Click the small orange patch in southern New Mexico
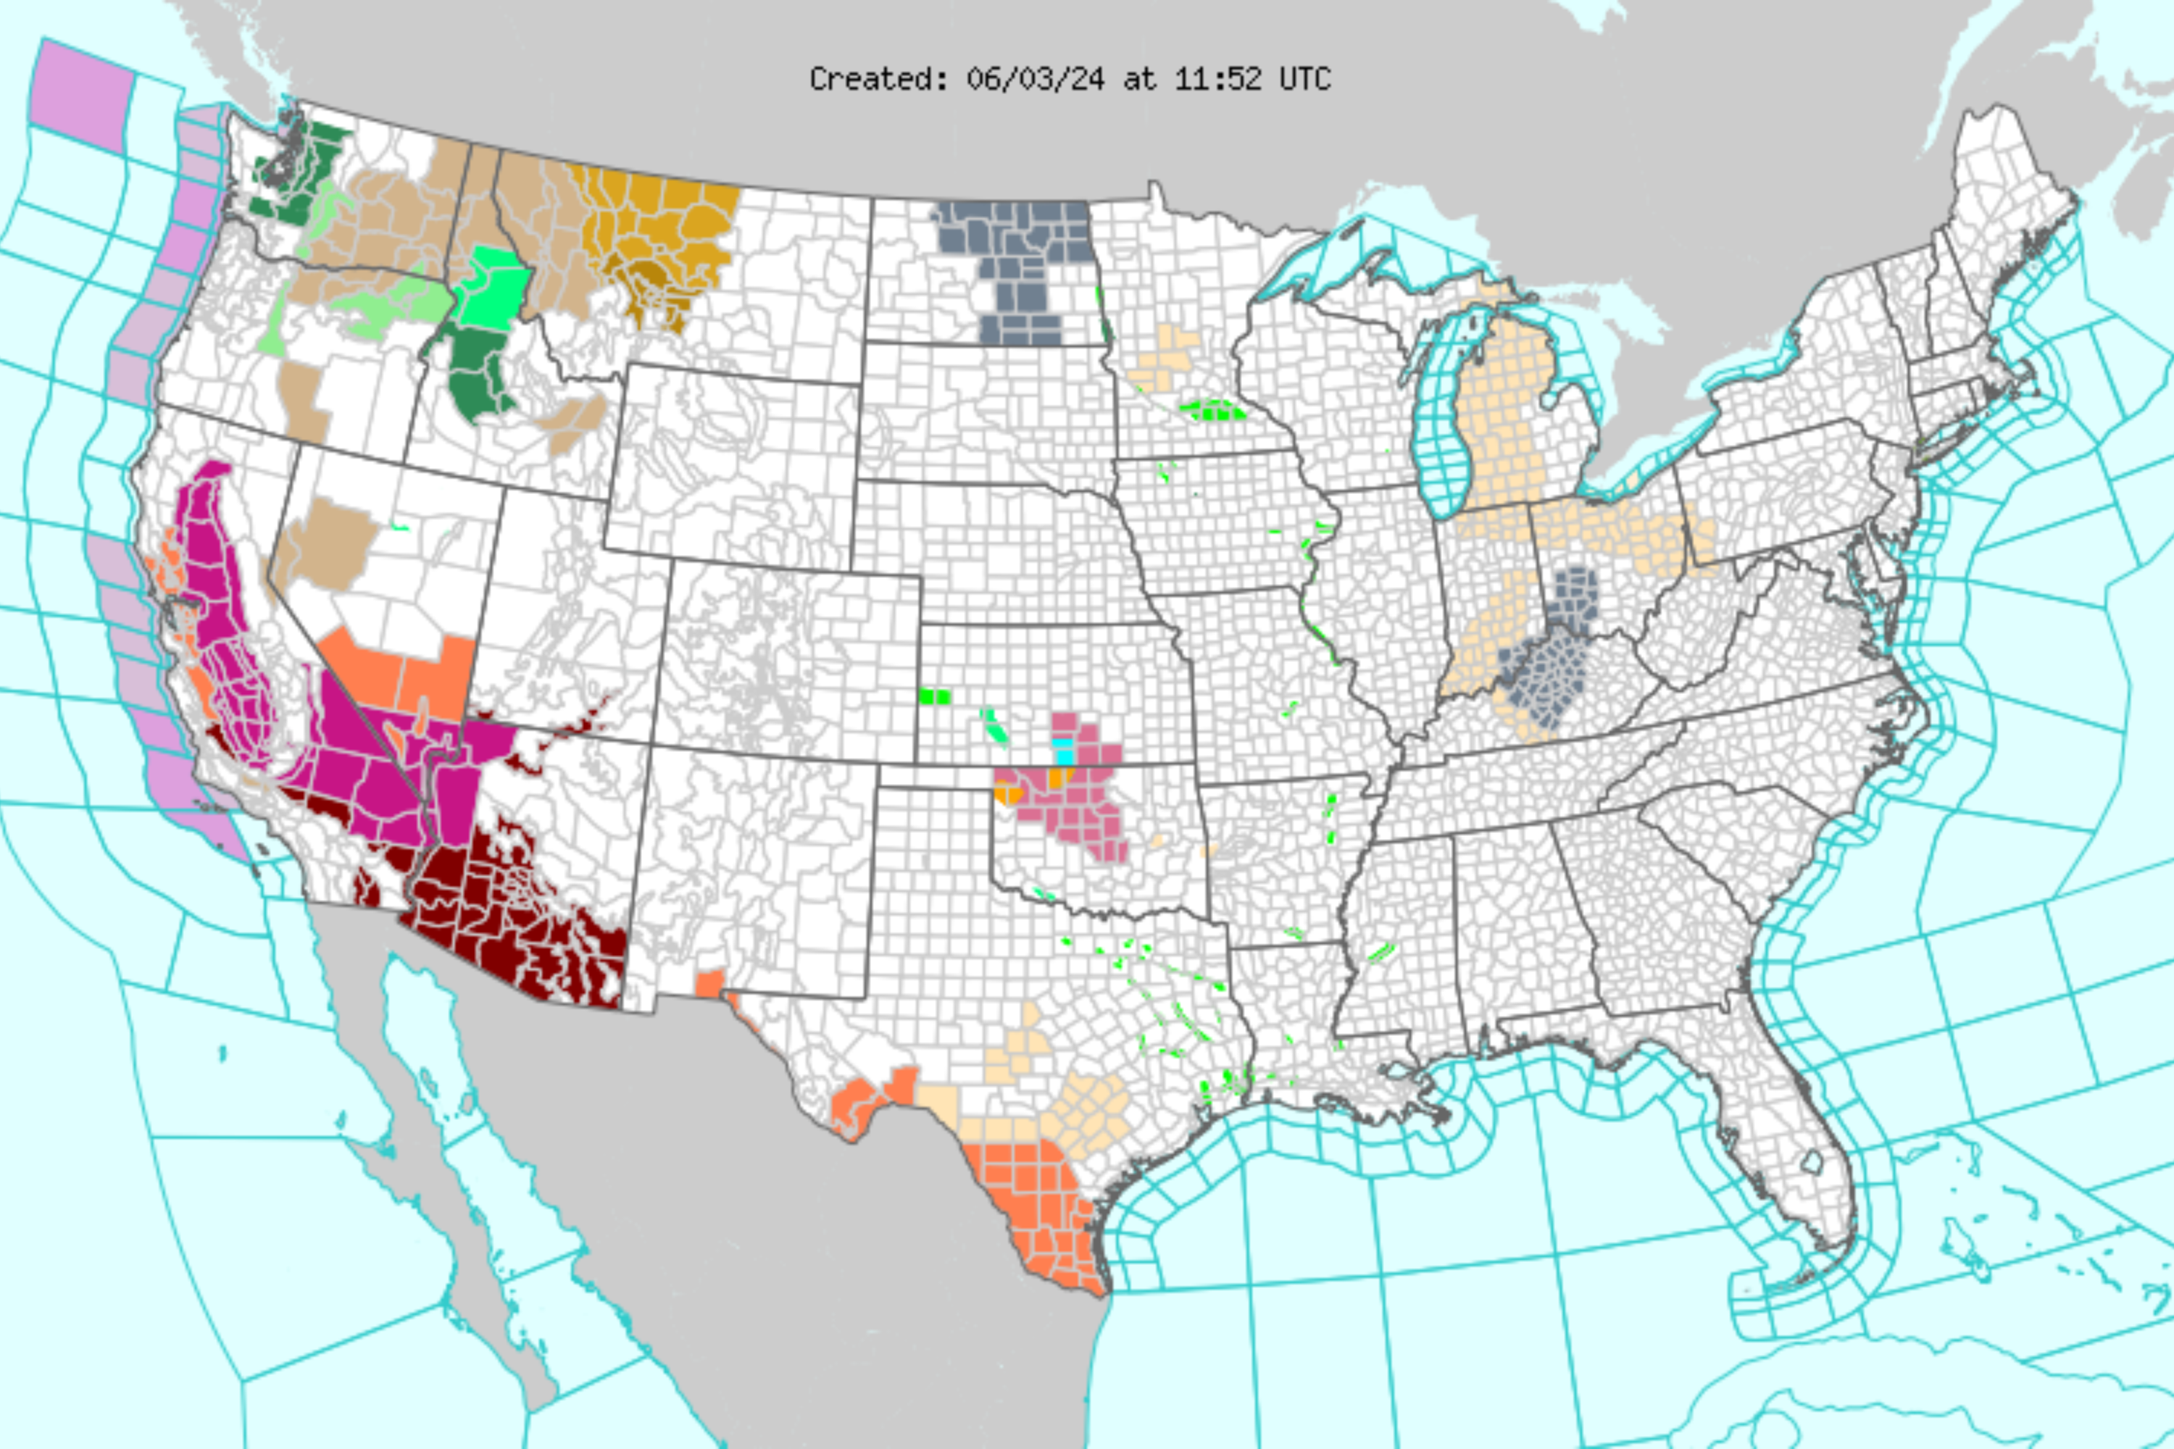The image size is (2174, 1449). tap(709, 982)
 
